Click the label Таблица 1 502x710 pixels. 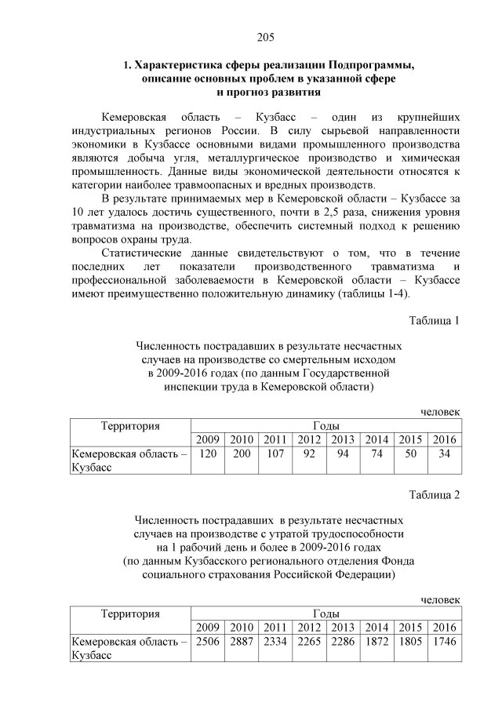click(x=434, y=320)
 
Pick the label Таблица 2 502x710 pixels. click(x=434, y=494)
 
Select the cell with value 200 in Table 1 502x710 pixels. click(x=241, y=453)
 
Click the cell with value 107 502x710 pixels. click(x=275, y=453)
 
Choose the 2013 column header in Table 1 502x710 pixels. click(x=343, y=439)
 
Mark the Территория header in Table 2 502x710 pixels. click(x=130, y=613)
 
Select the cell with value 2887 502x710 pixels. click(x=241, y=641)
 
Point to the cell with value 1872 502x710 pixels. click(x=376, y=641)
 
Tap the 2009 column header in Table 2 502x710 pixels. click(x=207, y=627)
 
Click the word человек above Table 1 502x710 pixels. click(x=440, y=412)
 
